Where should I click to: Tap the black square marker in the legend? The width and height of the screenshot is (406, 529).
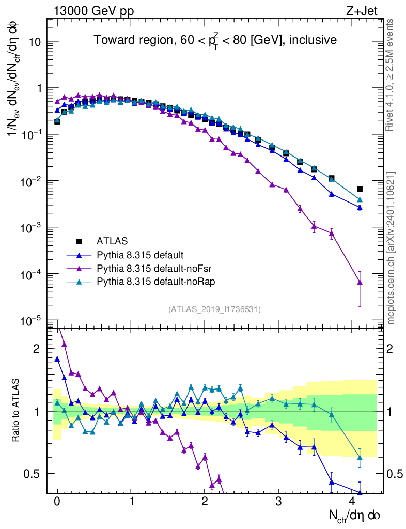pos(79,241)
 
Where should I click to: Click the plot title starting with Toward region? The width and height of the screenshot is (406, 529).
pos(215,40)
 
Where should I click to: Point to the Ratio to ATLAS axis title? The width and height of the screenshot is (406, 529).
pos(17,410)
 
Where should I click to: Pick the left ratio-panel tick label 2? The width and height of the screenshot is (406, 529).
pos(36,349)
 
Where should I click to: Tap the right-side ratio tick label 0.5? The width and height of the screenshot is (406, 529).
pos(395,474)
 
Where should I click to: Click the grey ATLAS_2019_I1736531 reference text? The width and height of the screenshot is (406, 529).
pos(214,309)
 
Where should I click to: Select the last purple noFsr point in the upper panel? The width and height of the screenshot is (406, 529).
pos(360,282)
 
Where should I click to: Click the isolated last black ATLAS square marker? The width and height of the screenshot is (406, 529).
pos(360,189)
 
